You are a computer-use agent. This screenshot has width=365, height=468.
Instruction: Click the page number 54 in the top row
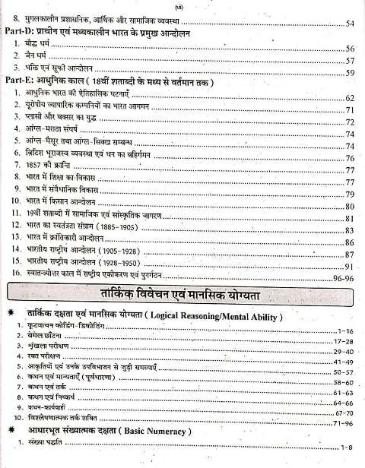[x=350, y=24]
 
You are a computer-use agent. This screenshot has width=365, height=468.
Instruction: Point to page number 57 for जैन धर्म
[x=350, y=61]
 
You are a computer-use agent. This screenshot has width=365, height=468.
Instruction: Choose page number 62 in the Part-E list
[x=350, y=99]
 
